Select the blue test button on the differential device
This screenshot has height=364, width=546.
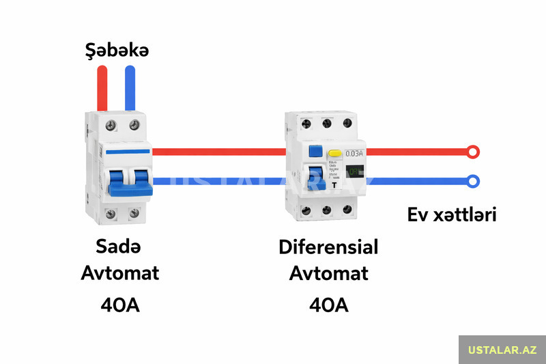click(x=315, y=151)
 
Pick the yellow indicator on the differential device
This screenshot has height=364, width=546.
click(x=334, y=154)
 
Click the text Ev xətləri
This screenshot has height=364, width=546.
click(x=451, y=214)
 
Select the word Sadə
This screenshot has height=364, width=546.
click(x=119, y=246)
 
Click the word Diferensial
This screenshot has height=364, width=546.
click(x=328, y=246)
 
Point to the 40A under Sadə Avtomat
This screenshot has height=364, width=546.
click(x=119, y=304)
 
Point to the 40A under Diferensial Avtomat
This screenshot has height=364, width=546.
click(x=328, y=304)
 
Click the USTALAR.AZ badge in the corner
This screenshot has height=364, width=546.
click(x=502, y=350)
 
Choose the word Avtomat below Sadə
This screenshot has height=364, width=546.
click(x=119, y=273)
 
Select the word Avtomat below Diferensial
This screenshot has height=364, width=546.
click(x=328, y=273)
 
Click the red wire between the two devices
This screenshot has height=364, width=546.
click(x=218, y=152)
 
